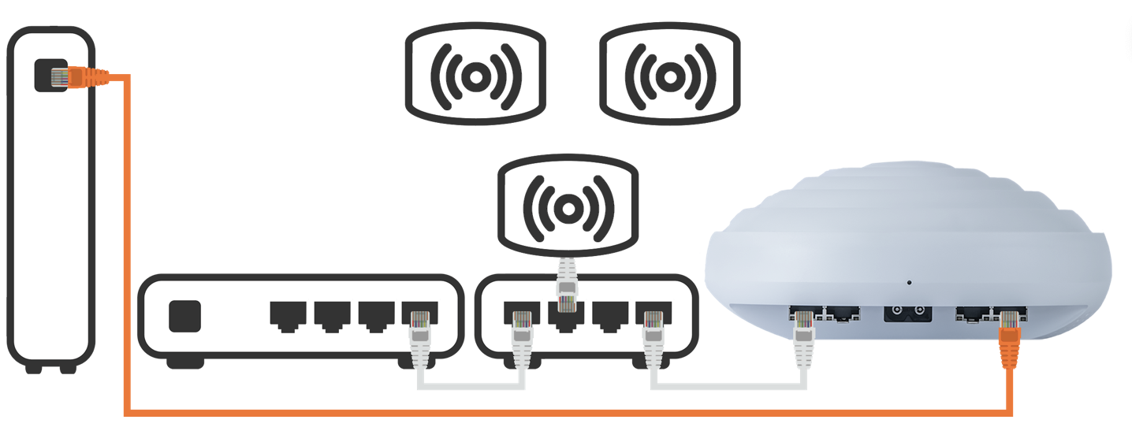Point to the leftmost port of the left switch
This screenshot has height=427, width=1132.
288,314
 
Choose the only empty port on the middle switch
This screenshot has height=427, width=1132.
610,314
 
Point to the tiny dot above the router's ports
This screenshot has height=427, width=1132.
909,282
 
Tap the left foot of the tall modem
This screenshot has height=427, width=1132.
33,367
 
